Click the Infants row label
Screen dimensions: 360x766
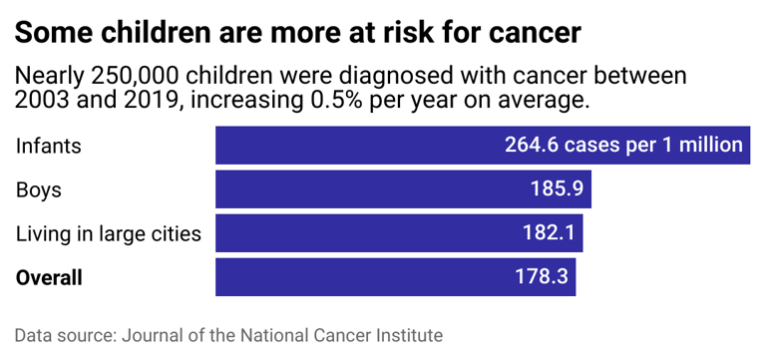[x=48, y=146]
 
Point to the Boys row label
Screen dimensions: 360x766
[x=39, y=189]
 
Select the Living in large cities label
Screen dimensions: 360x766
[x=109, y=234]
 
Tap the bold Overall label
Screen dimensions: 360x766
[x=49, y=278]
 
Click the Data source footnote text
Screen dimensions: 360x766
[x=228, y=335]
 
